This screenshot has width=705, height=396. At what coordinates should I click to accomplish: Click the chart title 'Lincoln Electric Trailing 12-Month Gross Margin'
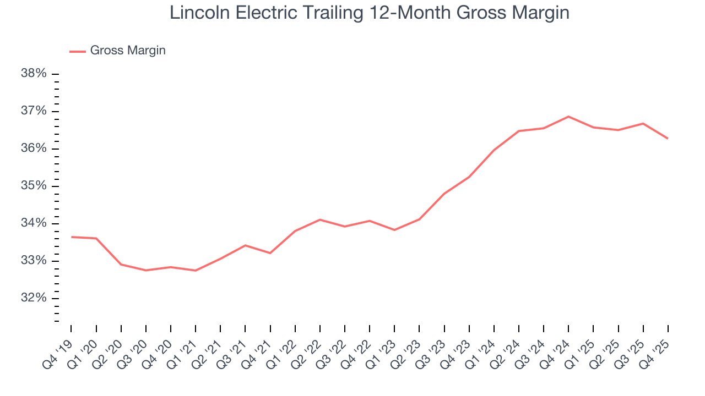point(369,13)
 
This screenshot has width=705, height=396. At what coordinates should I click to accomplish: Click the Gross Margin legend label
point(128,51)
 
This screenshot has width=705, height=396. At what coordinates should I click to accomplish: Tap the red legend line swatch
point(78,51)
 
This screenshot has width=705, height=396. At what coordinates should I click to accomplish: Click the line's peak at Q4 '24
point(568,117)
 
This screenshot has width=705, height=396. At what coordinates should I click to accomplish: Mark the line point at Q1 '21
point(196,271)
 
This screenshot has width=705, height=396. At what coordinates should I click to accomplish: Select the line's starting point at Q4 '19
point(72,237)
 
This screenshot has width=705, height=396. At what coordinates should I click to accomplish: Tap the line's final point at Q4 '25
point(668,139)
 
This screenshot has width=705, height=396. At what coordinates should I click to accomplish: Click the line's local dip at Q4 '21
point(270,253)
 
